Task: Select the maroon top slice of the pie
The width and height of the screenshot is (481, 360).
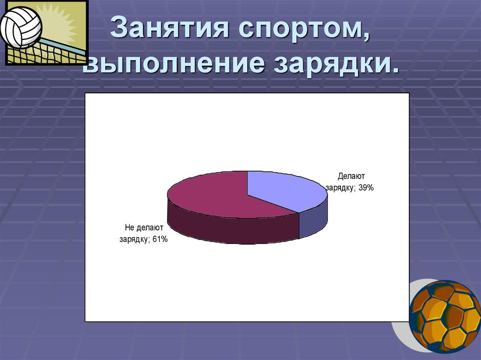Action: click(211, 195)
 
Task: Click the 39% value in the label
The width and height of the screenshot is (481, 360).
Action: click(365, 188)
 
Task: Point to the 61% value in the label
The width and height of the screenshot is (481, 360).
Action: click(159, 239)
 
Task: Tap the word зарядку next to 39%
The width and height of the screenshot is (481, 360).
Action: click(340, 188)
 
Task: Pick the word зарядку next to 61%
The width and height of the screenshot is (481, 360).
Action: click(134, 239)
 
